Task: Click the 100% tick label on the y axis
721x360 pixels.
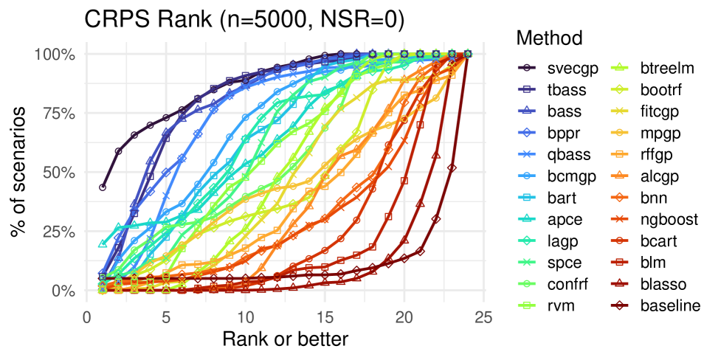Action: click(55, 55)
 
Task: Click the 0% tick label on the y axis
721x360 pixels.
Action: click(63, 291)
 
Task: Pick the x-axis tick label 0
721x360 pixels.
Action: click(87, 317)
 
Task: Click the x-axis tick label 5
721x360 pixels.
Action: click(166, 317)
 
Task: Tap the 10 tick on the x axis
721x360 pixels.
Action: click(246, 317)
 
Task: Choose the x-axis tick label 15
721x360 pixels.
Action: click(325, 317)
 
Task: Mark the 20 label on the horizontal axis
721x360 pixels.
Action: click(404, 317)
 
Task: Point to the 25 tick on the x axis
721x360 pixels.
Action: click(483, 317)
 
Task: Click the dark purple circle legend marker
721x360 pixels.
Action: click(527, 67)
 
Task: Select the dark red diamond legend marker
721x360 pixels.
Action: click(620, 305)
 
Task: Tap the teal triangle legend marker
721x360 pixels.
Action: click(527, 218)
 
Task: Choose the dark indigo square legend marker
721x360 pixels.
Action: click(527, 89)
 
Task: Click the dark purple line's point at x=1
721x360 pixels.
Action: click(103, 187)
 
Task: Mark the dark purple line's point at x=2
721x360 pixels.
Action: click(119, 151)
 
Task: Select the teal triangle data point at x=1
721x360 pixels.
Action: click(103, 243)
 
